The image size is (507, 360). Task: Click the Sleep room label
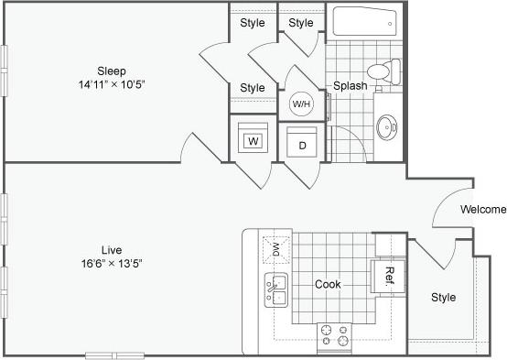tap(113, 71)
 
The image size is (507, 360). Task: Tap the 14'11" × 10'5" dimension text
tap(113, 84)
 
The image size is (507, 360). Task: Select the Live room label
tap(113, 249)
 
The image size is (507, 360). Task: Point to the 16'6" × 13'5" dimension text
tap(113, 263)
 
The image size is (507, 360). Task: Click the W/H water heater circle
tap(301, 104)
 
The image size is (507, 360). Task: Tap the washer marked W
tap(253, 141)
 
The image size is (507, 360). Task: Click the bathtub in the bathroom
tap(364, 23)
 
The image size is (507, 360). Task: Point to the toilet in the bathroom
tap(383, 71)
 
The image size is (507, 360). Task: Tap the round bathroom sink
tap(388, 125)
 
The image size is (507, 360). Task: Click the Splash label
tap(350, 86)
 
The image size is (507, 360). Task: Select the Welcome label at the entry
tap(482, 210)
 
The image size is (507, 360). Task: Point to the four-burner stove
tap(334, 335)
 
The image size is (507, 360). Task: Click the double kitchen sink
tap(276, 289)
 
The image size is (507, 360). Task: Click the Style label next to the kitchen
tap(443, 298)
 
